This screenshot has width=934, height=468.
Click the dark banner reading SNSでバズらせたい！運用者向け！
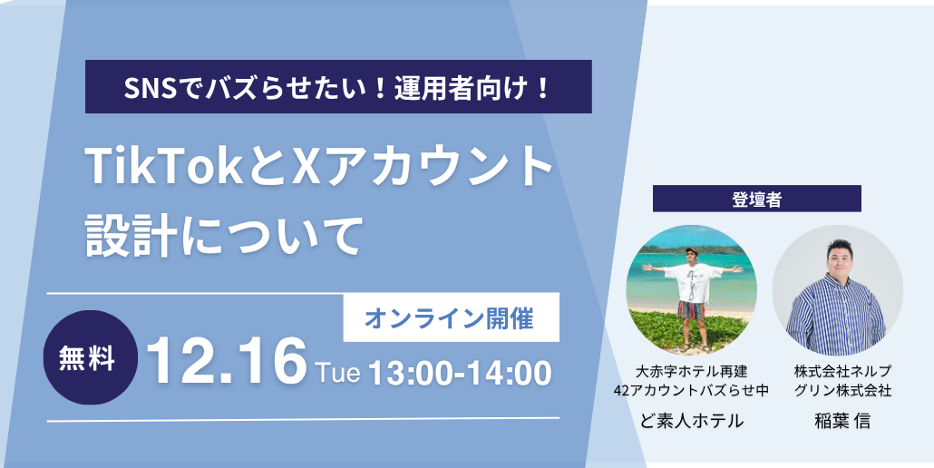click(338, 86)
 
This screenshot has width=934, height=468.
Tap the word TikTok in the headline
click(163, 166)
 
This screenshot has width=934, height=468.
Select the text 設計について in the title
click(224, 235)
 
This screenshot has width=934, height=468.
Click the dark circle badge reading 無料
click(91, 357)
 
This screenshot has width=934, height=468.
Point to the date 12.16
click(227, 361)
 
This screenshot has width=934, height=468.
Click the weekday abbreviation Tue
click(337, 373)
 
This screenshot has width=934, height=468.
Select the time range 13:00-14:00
click(460, 374)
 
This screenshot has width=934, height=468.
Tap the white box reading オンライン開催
click(452, 318)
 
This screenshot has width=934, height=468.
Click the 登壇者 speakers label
click(757, 199)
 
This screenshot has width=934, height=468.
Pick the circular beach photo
click(692, 290)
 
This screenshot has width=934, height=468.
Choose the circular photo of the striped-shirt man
click(838, 290)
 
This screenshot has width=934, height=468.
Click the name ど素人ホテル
click(692, 421)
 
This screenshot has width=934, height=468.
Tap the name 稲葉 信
click(842, 421)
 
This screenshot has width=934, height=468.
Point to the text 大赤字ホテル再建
click(692, 372)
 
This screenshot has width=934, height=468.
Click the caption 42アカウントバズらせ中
click(692, 391)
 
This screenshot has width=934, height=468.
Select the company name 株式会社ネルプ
click(842, 372)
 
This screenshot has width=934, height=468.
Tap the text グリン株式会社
click(842, 391)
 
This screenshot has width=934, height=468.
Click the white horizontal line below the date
click(303, 420)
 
